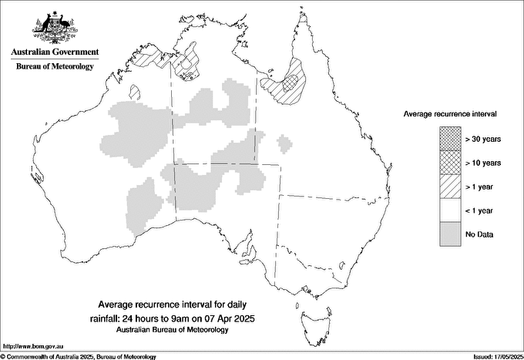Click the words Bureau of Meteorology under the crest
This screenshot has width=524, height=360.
pyautogui.click(x=55, y=67)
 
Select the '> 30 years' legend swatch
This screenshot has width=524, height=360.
pyautogui.click(x=450, y=139)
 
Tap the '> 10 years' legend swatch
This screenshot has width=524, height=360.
pyautogui.click(x=450, y=163)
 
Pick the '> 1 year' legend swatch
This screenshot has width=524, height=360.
pyautogui.click(x=450, y=186)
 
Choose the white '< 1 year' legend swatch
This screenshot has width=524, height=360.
pyautogui.click(x=450, y=210)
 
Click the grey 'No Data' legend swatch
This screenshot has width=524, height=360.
pyautogui.click(x=450, y=233)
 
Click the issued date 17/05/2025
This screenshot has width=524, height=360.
pyautogui.click(x=497, y=356)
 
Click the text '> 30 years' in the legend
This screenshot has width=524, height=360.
pyautogui.click(x=483, y=139)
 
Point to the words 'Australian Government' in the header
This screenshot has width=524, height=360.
pyautogui.click(x=55, y=52)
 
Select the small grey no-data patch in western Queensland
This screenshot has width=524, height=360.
pyautogui.click(x=285, y=143)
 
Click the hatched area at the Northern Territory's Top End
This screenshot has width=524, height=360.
pyautogui.click(x=187, y=65)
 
